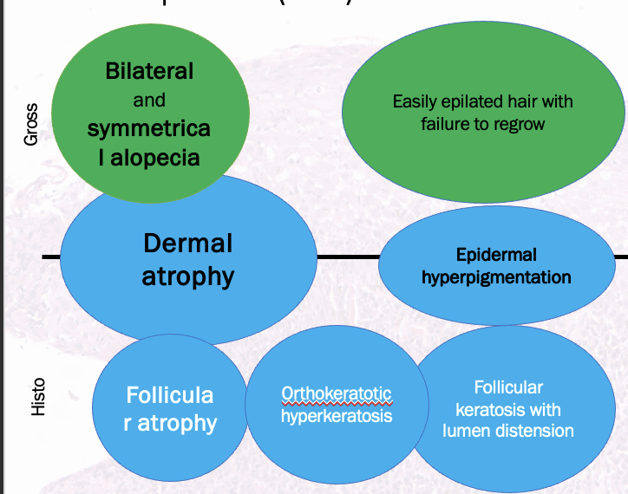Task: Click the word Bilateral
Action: tap(149, 70)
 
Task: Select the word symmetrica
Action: tap(148, 129)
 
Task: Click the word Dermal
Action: tap(188, 243)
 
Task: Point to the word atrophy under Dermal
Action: tap(188, 276)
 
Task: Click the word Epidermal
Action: tap(496, 255)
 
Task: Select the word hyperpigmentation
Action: tap(496, 277)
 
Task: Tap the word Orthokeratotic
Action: tap(337, 393)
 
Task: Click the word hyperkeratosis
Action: tap(337, 415)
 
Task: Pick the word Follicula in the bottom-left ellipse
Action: tap(170, 395)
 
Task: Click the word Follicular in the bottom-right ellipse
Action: tap(508, 387)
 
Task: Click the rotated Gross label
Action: tap(31, 124)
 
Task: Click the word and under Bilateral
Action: tap(149, 100)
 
